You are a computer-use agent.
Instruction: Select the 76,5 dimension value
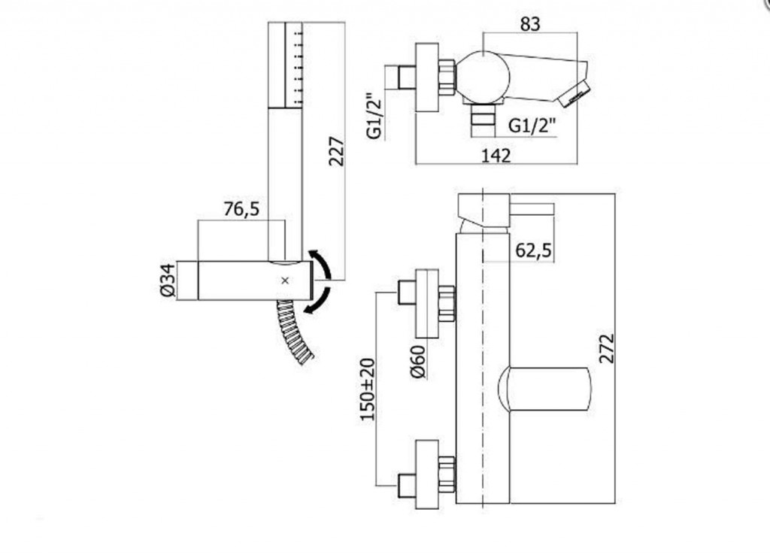click(241, 209)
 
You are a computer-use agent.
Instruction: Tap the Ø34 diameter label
click(167, 281)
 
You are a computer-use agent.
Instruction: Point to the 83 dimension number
click(529, 24)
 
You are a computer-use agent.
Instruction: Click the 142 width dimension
click(495, 156)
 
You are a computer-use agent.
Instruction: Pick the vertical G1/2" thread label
click(374, 117)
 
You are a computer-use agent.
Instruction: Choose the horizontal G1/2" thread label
click(532, 126)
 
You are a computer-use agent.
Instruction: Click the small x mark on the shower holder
click(283, 281)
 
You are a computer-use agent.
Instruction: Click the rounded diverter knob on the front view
click(544, 390)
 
